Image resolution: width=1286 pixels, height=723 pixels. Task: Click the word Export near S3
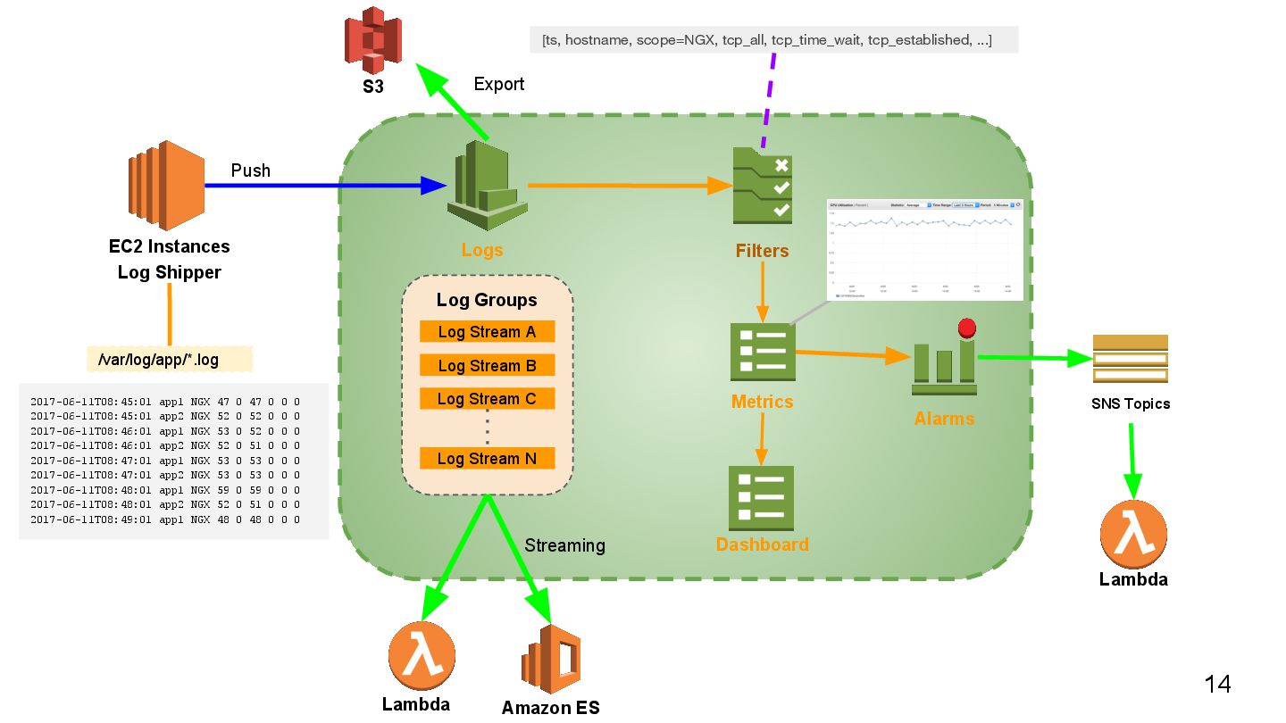coord(498,84)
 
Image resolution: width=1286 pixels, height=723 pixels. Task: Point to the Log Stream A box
coord(487,332)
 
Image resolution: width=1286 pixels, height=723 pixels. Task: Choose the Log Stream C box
coord(487,399)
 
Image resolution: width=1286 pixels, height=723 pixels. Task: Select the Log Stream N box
coord(487,459)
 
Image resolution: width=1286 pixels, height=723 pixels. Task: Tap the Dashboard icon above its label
coord(762,498)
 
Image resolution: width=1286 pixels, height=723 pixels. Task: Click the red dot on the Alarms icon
coord(966,328)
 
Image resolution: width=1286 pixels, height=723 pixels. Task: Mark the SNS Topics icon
coord(1130,359)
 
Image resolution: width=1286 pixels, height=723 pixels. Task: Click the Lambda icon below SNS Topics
coord(1133,534)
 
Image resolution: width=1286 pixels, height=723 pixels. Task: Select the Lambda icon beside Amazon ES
coord(421,655)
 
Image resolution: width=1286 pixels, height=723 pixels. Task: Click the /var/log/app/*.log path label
coord(170,360)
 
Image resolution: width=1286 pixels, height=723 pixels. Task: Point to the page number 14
coord(1217,685)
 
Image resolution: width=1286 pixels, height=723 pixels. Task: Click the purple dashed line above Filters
coord(768,98)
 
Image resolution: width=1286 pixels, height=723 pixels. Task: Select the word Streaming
coord(564,545)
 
